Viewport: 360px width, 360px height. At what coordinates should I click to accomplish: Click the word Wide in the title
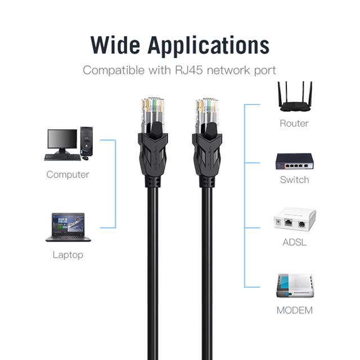pos(115,45)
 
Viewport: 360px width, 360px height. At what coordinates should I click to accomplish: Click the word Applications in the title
pos(209,46)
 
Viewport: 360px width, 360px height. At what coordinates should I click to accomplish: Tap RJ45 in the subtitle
pos(189,70)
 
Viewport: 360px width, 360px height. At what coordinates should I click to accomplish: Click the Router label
pos(294,123)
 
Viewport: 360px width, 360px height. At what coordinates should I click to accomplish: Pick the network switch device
pos(295,161)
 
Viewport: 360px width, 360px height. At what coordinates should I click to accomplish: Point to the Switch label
pos(294,179)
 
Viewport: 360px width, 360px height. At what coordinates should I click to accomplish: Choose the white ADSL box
pos(295,219)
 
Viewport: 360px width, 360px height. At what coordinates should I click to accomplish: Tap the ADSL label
pos(294,242)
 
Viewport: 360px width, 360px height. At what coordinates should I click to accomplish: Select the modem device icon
pos(295,286)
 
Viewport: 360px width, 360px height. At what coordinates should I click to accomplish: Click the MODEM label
pos(295,310)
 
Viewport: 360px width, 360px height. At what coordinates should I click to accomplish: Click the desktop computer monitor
pos(62,141)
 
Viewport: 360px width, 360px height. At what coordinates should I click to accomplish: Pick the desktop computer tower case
pos(87,141)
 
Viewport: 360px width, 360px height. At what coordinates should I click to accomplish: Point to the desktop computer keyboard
pos(62,157)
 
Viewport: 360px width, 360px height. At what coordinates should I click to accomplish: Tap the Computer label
pos(67,174)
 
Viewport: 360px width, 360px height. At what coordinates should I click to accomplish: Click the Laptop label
pos(67,255)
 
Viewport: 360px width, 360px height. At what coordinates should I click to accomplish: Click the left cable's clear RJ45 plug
pos(152,115)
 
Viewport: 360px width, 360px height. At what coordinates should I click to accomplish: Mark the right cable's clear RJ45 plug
pos(206,115)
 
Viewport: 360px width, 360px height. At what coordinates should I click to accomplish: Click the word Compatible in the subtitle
pos(114,70)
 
